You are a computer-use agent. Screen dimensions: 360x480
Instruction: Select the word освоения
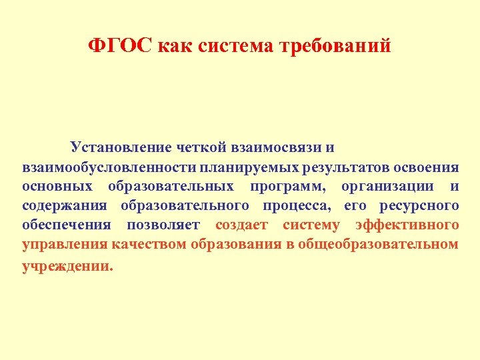point(425,166)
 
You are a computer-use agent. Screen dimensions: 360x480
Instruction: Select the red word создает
point(241,225)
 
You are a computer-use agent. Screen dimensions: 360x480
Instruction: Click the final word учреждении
point(67,265)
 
